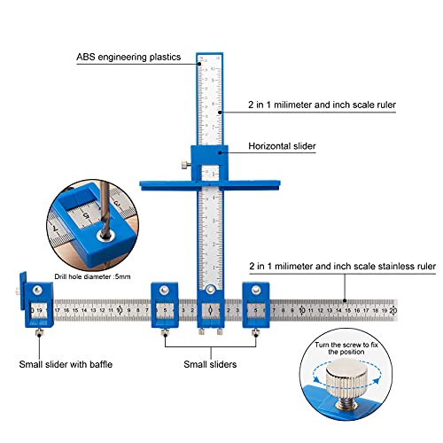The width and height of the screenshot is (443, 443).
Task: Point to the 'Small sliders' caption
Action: coord(209,363)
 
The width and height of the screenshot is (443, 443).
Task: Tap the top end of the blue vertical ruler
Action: coord(209,52)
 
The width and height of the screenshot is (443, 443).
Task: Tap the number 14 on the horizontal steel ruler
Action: coord(338,311)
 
